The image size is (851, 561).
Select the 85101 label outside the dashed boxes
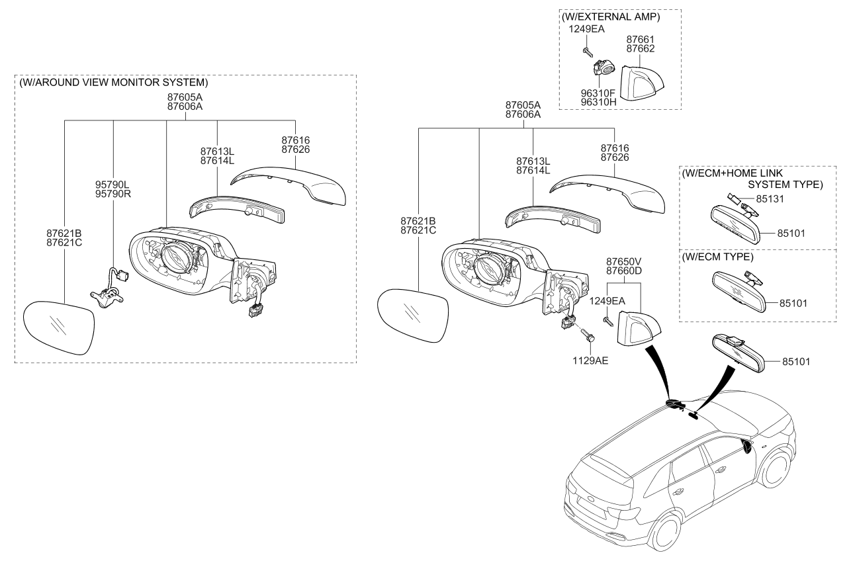click(x=796, y=362)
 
